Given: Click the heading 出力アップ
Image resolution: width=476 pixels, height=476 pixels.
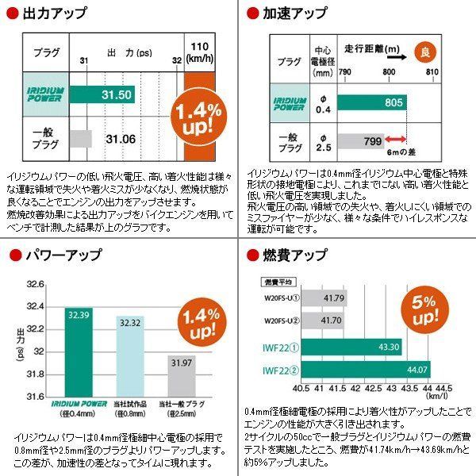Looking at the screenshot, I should click(x=55, y=13).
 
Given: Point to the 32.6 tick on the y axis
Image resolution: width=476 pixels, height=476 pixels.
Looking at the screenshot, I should click(x=36, y=283).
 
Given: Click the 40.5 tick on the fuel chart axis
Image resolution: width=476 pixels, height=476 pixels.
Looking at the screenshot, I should click(x=300, y=389).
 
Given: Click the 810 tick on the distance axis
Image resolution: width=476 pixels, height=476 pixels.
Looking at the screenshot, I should click(x=432, y=71).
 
